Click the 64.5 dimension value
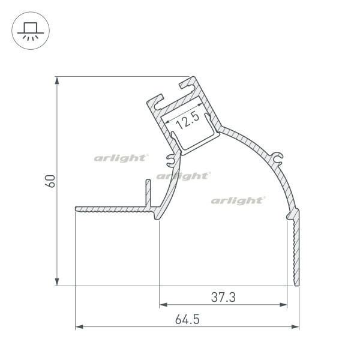tap(187, 319)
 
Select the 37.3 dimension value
tap(223, 297)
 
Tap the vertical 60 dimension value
tap(50, 181)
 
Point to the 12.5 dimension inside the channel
tap(188, 121)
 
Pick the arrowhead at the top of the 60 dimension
tap(57, 80)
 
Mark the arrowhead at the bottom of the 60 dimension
tap(57, 282)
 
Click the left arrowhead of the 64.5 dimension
tap(79, 327)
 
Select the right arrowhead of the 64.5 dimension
tap(295, 327)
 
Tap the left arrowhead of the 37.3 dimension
tap(163, 305)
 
